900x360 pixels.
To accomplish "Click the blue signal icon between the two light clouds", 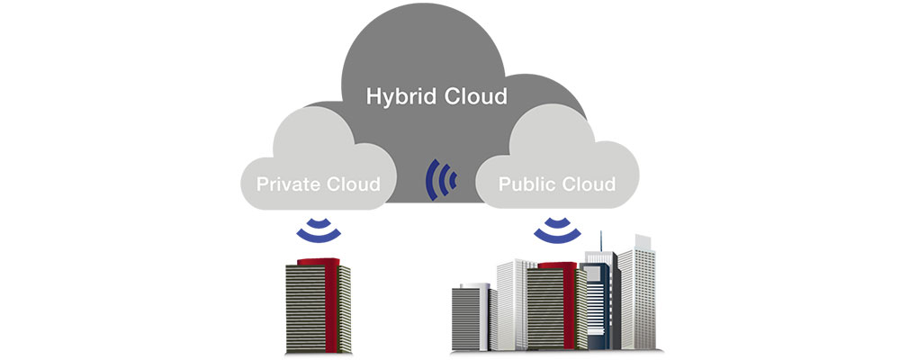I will coord(441,181).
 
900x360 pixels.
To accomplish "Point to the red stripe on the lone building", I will coord(341,306).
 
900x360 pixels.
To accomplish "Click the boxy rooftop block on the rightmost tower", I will coord(642,241).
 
